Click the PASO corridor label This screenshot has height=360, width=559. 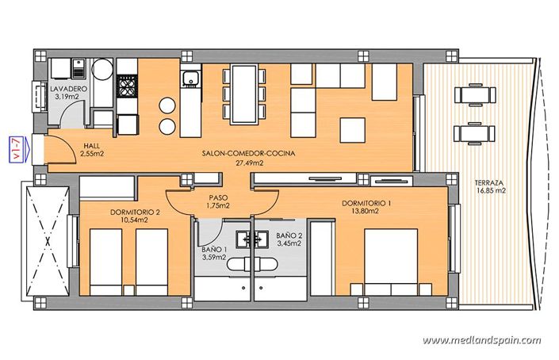click(219, 197)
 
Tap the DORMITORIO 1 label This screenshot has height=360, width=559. click(367, 204)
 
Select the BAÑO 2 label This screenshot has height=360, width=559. click(289, 236)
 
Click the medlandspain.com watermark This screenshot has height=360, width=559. click(481, 340)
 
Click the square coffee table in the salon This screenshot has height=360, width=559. click(352, 128)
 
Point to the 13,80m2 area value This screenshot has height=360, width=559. click(367, 213)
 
